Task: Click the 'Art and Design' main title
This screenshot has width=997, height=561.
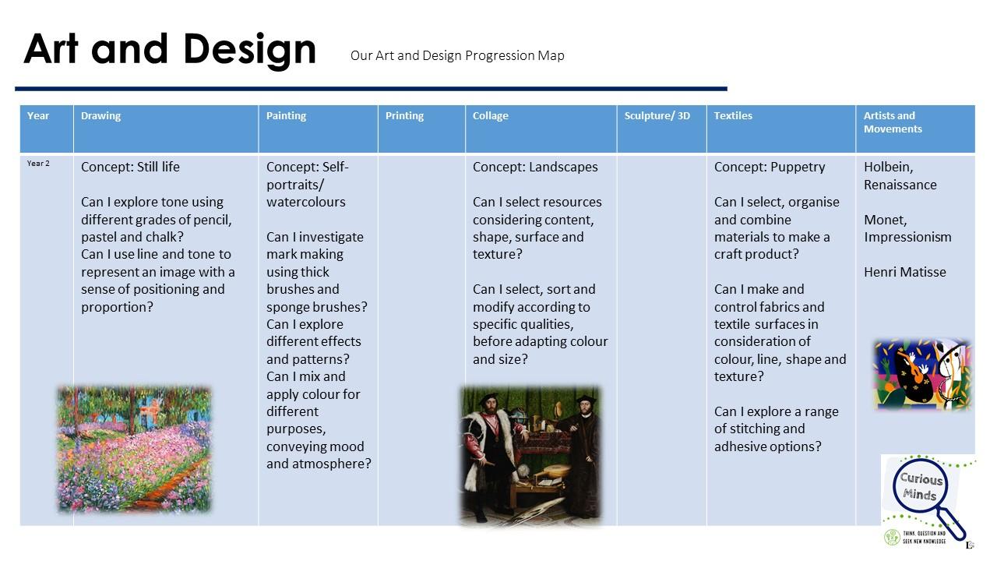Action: pyautogui.click(x=170, y=50)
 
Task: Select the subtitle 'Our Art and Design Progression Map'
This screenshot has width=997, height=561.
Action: pyautogui.click(x=457, y=55)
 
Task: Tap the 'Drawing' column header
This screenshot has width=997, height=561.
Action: pyautogui.click(x=100, y=116)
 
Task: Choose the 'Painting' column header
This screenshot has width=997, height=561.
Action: pyautogui.click(x=286, y=116)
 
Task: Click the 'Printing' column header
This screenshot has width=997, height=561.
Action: pyautogui.click(x=404, y=116)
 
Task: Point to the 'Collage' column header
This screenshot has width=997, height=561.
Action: pyautogui.click(x=490, y=116)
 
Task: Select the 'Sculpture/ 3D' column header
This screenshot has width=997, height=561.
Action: pyautogui.click(x=657, y=116)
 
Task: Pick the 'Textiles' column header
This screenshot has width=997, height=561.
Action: pyautogui.click(x=733, y=116)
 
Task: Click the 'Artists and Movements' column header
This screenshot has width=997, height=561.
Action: pyautogui.click(x=893, y=122)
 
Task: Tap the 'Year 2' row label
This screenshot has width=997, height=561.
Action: pyautogui.click(x=38, y=164)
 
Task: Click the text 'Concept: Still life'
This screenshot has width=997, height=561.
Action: pyautogui.click(x=130, y=167)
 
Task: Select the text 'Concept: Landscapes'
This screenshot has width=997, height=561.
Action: pyautogui.click(x=535, y=167)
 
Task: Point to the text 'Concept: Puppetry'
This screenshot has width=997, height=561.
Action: pyautogui.click(x=770, y=167)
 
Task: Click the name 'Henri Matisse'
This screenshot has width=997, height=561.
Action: pyautogui.click(x=905, y=272)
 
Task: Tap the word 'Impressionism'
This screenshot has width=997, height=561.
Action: pyautogui.click(x=907, y=238)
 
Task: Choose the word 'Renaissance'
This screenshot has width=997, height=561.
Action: pyautogui.click(x=900, y=185)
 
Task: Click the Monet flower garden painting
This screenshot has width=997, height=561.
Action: pyautogui.click(x=134, y=450)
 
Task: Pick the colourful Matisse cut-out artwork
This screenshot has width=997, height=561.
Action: pyautogui.click(x=922, y=374)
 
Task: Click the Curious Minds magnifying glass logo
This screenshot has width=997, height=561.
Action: pyautogui.click(x=928, y=499)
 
